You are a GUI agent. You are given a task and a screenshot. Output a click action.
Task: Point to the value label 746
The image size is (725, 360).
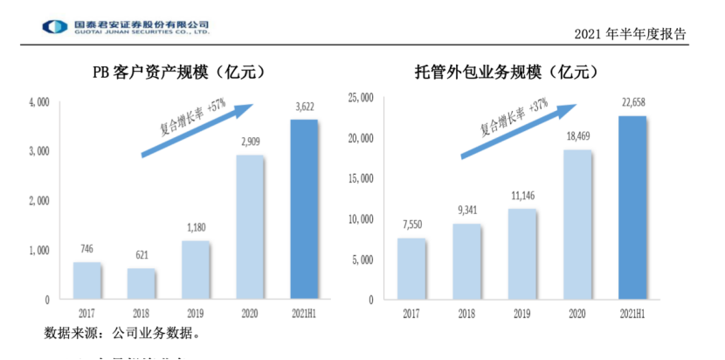tap(87, 249)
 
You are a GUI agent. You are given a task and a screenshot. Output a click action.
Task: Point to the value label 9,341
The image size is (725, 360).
tap(466, 210)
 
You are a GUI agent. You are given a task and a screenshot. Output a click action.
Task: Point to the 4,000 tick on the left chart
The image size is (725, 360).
tap(39, 103)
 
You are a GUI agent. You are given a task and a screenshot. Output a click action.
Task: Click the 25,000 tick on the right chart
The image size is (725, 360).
tap(360, 97)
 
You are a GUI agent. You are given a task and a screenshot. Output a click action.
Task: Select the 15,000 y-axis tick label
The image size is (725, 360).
tap(360, 178)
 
